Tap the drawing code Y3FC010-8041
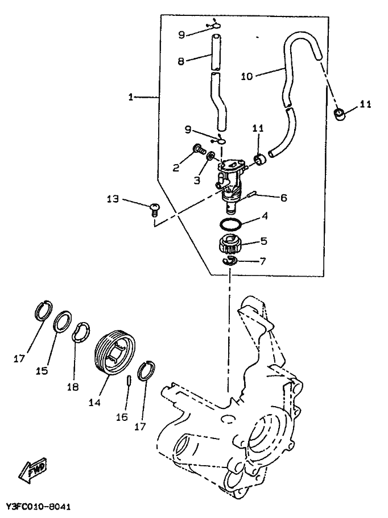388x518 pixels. (x=39, y=506)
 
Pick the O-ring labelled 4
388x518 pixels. (x=229, y=224)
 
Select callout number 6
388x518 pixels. (x=283, y=198)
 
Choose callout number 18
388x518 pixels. (x=72, y=387)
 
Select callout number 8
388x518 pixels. (x=180, y=61)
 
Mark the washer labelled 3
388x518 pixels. (x=209, y=157)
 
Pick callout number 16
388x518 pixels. (x=121, y=417)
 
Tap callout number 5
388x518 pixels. (x=263, y=240)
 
